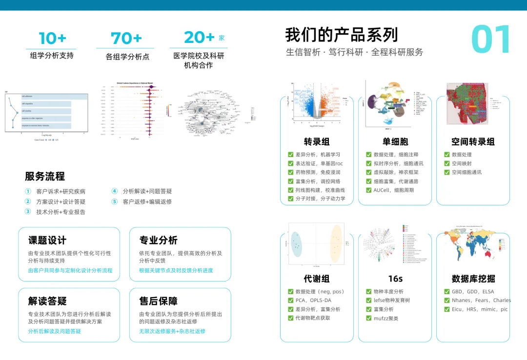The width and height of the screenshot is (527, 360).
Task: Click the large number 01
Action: (x=491, y=40)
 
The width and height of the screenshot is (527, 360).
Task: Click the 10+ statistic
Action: (x=52, y=38)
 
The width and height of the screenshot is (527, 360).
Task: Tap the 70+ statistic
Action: (x=126, y=38)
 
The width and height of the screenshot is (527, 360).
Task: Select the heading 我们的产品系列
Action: (x=342, y=35)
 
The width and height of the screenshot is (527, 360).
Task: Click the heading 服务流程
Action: (x=45, y=176)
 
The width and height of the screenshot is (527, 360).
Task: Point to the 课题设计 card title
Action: (x=47, y=240)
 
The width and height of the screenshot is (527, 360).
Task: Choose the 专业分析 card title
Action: (x=159, y=240)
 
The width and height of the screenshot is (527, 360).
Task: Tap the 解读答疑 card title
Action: (x=47, y=301)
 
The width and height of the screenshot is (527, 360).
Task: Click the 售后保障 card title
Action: (x=159, y=301)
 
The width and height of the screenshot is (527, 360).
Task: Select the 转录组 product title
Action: (x=317, y=141)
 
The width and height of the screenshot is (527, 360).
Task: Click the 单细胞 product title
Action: (x=395, y=141)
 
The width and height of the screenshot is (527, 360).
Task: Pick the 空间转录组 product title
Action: (x=473, y=141)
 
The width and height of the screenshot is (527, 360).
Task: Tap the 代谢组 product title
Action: (x=317, y=279)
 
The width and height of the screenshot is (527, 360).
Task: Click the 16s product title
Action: (x=395, y=279)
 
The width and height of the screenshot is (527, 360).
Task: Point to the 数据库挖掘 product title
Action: (x=473, y=279)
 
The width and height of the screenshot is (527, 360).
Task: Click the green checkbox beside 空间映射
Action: (x=447, y=163)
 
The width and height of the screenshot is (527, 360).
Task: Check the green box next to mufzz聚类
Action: (x=369, y=318)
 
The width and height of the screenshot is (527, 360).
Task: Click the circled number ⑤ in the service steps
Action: (x=115, y=201)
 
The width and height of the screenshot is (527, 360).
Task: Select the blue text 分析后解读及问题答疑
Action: (x=55, y=331)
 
